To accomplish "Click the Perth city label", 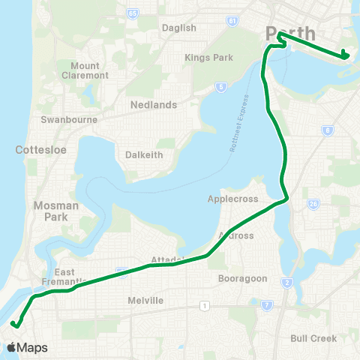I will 289,34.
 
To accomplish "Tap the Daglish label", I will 178,28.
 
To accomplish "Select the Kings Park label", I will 208,57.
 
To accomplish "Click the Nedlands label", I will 153,105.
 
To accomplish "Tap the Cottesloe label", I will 40,150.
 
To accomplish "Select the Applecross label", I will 233,199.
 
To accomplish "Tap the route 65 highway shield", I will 133,13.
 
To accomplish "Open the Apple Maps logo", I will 27,347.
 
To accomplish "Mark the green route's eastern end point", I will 344,55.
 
